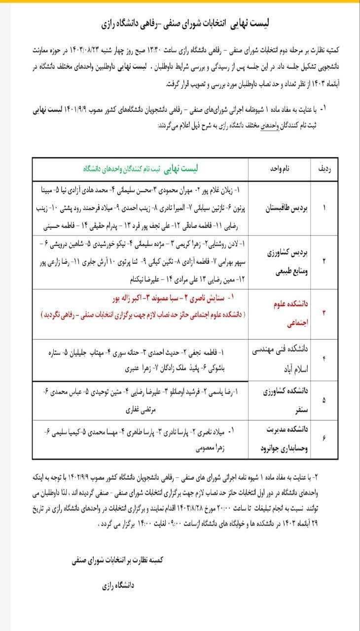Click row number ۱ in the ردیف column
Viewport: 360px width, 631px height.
point(324,209)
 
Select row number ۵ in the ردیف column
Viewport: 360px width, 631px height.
point(324,400)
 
